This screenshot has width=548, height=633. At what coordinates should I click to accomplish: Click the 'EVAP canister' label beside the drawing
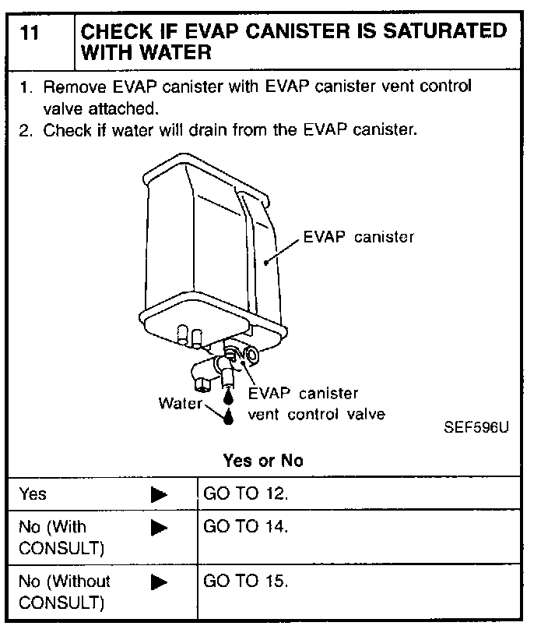[358, 237]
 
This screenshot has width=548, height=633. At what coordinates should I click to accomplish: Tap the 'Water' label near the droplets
[180, 404]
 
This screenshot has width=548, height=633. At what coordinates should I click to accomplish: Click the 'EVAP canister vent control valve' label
[315, 404]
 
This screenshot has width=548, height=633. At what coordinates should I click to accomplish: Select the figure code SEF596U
[476, 428]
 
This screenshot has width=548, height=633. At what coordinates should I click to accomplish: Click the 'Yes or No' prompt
[262, 460]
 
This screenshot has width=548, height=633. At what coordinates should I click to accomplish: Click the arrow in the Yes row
[159, 494]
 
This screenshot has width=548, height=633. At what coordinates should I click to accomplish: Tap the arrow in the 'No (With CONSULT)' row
[159, 529]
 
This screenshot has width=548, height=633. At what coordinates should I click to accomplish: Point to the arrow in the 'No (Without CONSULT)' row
[159, 582]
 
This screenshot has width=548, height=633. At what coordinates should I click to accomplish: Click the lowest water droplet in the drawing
[228, 418]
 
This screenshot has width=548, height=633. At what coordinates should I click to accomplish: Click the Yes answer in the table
[33, 494]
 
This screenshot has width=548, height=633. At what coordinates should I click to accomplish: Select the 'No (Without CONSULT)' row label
[64, 592]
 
